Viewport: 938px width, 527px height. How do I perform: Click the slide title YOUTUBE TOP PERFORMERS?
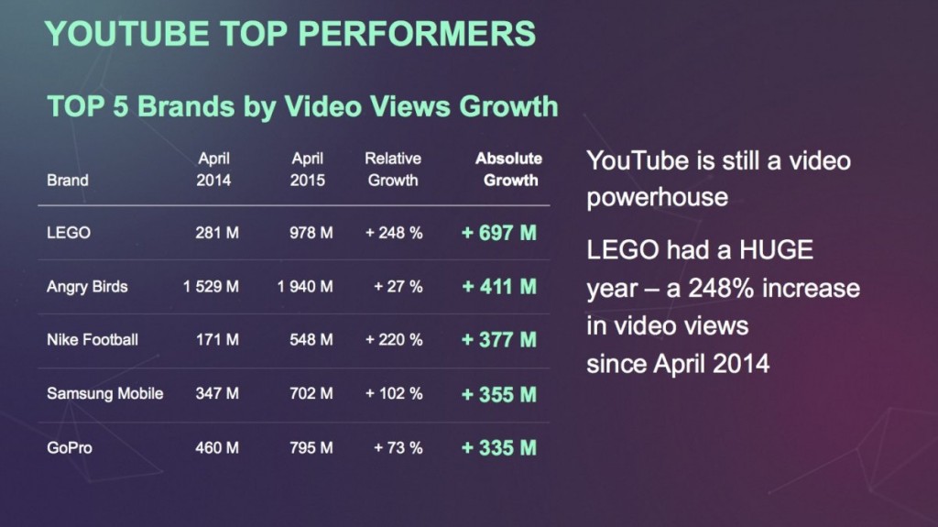click(289, 33)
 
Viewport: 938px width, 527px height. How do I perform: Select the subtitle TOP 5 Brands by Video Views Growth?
click(302, 106)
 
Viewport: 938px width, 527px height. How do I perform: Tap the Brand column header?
click(68, 181)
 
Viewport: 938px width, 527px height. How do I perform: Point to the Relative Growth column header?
click(393, 170)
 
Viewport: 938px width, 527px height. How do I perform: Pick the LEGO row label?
click(69, 233)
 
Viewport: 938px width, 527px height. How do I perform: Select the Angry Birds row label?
click(87, 286)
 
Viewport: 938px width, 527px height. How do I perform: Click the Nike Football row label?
click(93, 340)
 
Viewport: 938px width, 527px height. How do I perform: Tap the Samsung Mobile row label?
click(104, 393)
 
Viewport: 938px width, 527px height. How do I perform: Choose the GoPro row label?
click(70, 448)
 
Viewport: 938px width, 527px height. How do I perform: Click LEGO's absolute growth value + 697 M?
click(498, 233)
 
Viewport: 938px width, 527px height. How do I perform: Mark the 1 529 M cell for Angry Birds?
click(211, 286)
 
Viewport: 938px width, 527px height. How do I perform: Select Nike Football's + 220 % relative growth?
click(394, 340)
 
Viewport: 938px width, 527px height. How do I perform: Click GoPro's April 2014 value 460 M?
click(217, 448)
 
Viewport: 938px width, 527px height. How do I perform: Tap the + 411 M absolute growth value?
click(498, 286)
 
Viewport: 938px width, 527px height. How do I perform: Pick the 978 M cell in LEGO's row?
click(311, 233)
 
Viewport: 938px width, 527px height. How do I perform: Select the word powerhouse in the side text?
click(658, 197)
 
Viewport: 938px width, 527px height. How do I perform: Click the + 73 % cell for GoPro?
click(398, 448)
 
